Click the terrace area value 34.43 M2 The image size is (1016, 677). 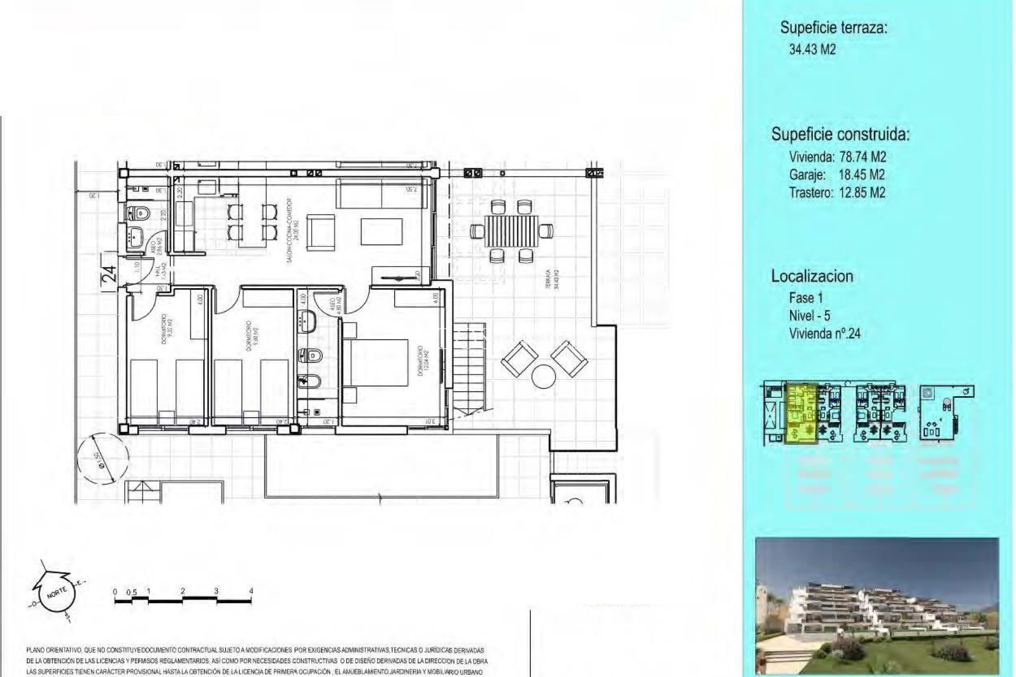pyautogui.click(x=812, y=50)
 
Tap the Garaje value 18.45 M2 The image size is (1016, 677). pyautogui.click(x=861, y=175)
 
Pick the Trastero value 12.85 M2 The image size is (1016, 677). pyautogui.click(x=862, y=193)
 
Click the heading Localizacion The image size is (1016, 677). pyautogui.click(x=812, y=276)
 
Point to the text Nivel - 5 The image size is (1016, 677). pyautogui.click(x=809, y=316)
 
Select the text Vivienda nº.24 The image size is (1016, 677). pyautogui.click(x=824, y=334)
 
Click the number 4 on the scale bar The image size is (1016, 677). pyautogui.click(x=251, y=591)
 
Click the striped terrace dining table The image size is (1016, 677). pyautogui.click(x=511, y=232)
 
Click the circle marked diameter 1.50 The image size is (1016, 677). pyautogui.click(x=103, y=456)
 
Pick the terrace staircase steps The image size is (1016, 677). pyautogui.click(x=470, y=370)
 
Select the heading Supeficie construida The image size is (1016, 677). pyautogui.click(x=840, y=134)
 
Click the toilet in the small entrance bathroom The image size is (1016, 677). pyautogui.click(x=140, y=213)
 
